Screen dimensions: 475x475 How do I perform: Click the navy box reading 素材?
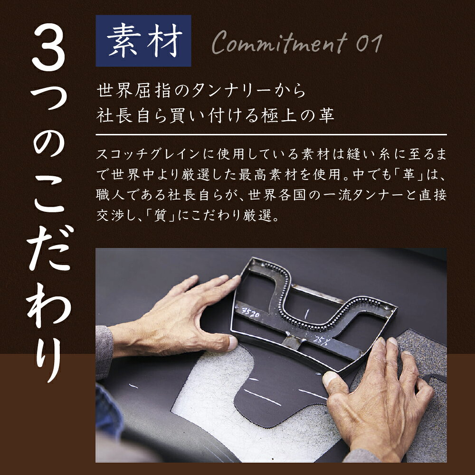coord(143,40)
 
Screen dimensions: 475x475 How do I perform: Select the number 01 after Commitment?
coord(369,43)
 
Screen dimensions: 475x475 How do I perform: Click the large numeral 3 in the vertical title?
coord(48,47)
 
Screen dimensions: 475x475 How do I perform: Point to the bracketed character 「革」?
coord(408,175)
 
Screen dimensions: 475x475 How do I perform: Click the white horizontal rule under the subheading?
coord(271,134)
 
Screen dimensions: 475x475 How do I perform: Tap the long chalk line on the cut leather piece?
coord(262,398)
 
